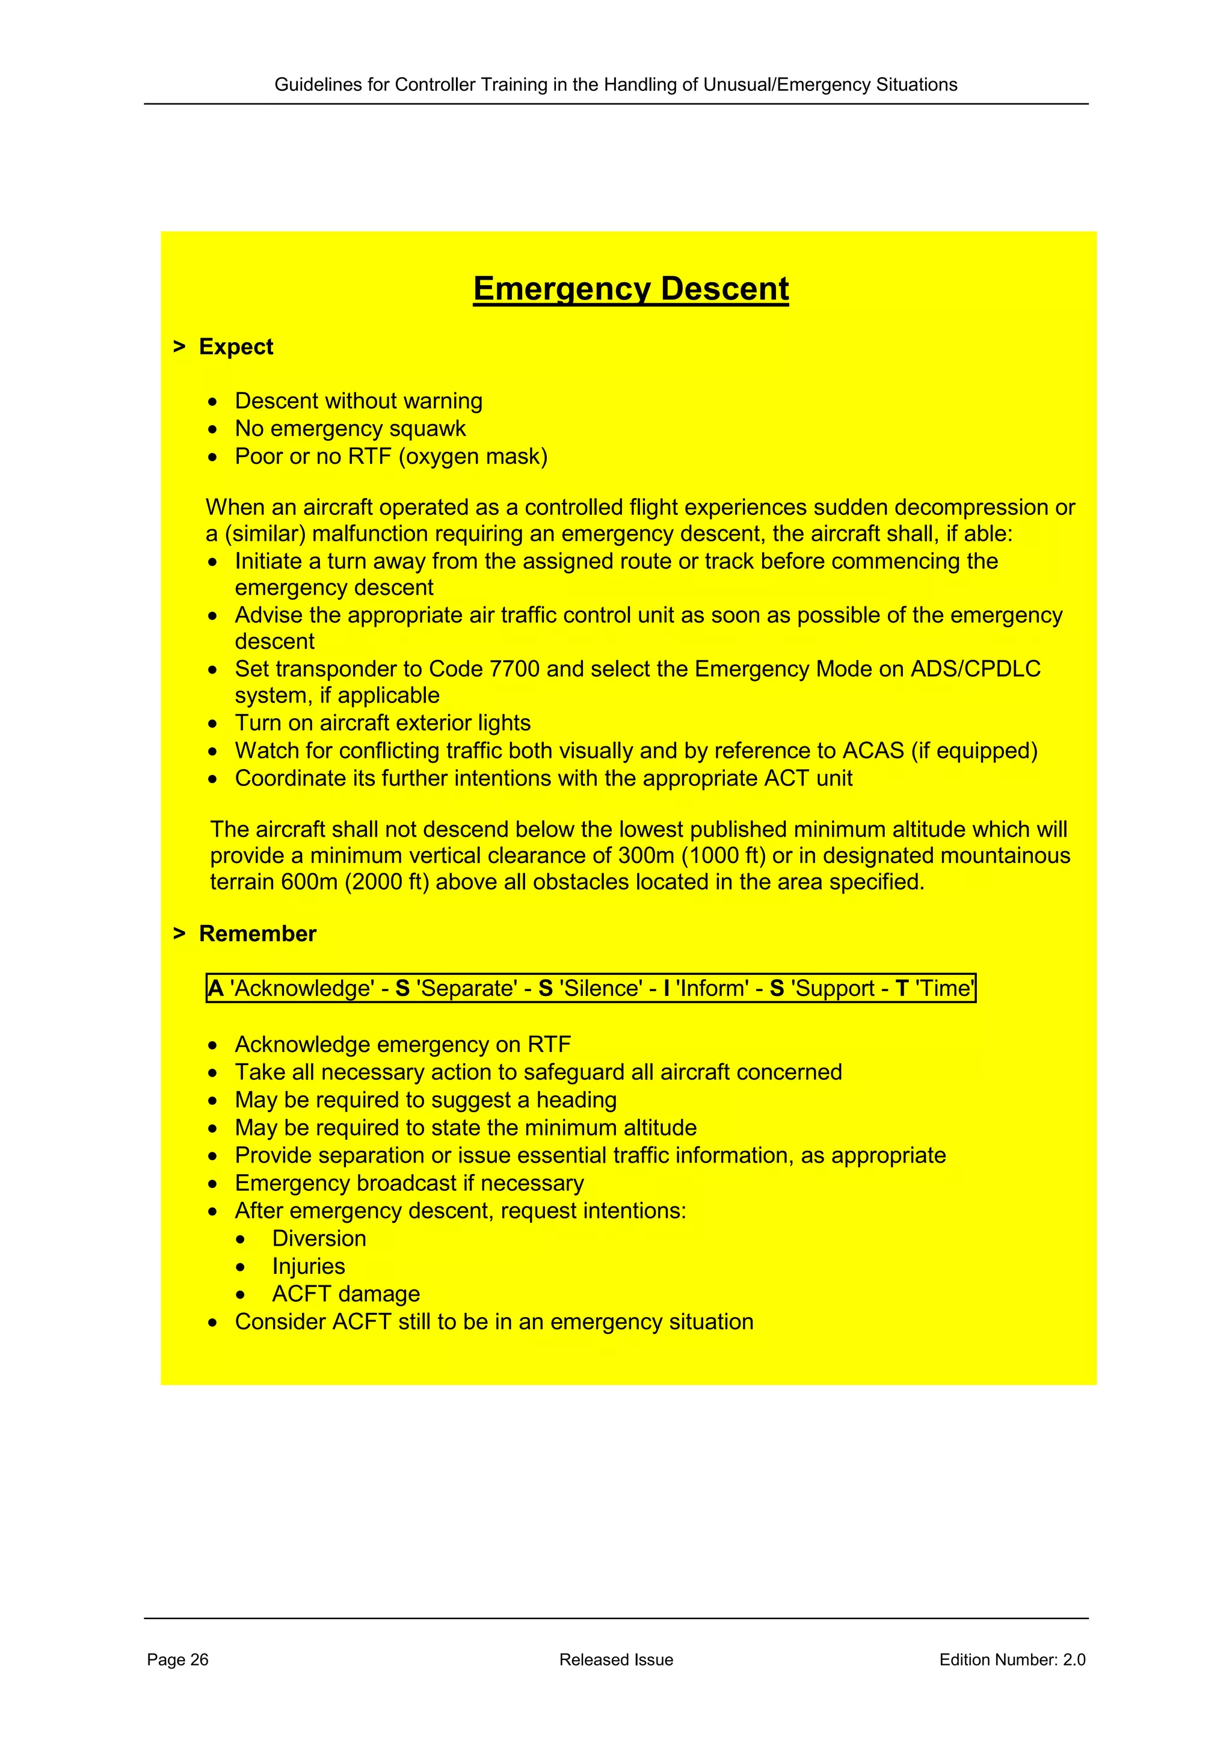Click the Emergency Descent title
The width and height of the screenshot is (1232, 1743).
631,289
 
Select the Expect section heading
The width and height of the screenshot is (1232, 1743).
235,347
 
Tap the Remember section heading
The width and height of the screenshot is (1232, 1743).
257,933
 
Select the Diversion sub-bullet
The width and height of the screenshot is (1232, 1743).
319,1239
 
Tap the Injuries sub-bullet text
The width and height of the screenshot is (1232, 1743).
308,1266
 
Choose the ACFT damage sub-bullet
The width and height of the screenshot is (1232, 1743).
346,1294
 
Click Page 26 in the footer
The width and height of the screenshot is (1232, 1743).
177,1659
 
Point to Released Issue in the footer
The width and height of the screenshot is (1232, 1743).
615,1659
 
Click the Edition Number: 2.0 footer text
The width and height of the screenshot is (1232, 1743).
1012,1659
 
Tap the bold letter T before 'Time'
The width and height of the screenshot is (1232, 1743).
902,988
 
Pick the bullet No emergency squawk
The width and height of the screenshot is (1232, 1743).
350,429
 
